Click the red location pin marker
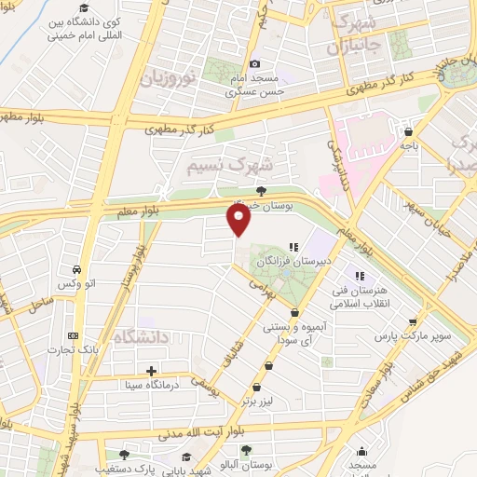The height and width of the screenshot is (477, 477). pyautogui.click(x=239, y=220)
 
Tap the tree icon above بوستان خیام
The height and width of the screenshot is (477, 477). pyautogui.click(x=260, y=190)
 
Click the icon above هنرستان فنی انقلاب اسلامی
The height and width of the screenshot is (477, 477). pyautogui.click(x=359, y=275)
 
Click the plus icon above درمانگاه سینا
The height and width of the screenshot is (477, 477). pyautogui.click(x=151, y=371)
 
